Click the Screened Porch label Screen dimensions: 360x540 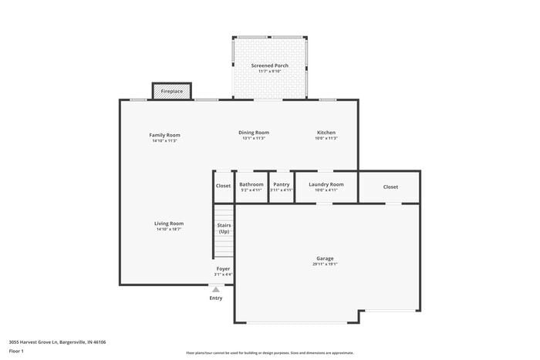coord(269,66)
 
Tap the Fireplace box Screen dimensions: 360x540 coord(172,91)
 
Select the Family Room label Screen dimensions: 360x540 coord(164,135)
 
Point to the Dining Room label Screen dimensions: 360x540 coord(253,133)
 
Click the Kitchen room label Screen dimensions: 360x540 coord(326,133)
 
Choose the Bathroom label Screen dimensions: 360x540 coord(251,184)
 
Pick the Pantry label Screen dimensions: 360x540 coord(282,184)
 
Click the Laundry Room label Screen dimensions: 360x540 coord(326,184)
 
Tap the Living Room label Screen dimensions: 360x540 coord(169,224)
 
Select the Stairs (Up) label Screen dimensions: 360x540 coord(224,228)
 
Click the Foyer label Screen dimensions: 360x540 coord(223,269)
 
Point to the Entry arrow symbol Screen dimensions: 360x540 coord(215,289)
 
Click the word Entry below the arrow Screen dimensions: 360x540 coord(215,298)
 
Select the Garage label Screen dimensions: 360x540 coord(325,258)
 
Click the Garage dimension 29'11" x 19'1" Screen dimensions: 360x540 coord(325,264)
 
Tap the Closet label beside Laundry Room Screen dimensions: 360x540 coord(390,187)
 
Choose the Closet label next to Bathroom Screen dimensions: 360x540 coord(223,185)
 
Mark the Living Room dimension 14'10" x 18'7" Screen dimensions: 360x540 coord(169,230)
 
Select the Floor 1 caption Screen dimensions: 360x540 coord(16,352)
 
